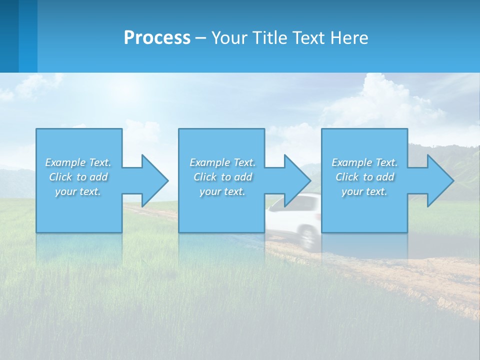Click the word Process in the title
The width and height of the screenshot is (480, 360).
157,38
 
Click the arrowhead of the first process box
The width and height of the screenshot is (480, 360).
154,180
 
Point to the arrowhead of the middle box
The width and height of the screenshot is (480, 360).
296,180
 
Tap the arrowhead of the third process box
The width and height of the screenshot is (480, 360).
439,180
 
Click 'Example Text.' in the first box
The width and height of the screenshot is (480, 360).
78,162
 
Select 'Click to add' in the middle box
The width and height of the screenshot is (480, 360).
222,177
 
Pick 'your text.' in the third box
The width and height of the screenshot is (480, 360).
364,191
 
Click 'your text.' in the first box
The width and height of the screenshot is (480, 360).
78,191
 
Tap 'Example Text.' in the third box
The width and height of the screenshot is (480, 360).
364,162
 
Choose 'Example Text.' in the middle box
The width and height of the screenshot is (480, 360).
222,162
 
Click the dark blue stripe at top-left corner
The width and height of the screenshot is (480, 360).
9,35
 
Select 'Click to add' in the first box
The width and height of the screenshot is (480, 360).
78,177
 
